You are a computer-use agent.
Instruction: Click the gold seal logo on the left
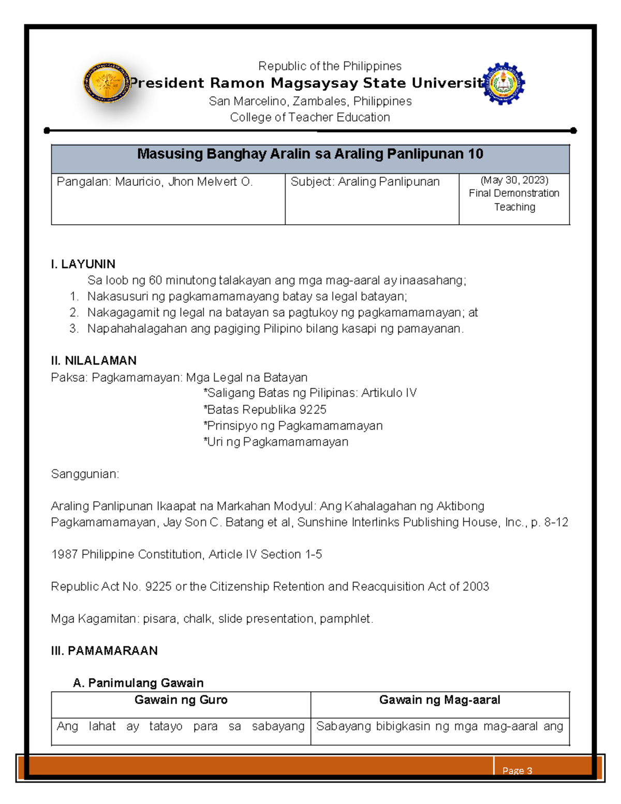[x=106, y=82]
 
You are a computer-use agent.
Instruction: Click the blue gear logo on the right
[x=504, y=84]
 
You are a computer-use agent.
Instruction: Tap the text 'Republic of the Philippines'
[x=330, y=66]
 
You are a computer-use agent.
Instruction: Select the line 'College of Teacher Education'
[x=310, y=118]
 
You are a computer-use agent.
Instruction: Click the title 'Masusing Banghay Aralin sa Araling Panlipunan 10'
[x=310, y=154]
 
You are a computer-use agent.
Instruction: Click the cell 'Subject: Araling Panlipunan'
[x=365, y=182]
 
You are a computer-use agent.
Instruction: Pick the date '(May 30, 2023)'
[x=514, y=180]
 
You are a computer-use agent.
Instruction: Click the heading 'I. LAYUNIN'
[x=83, y=264]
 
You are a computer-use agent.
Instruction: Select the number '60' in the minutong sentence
[x=155, y=281]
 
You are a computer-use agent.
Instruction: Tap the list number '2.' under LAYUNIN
[x=74, y=313]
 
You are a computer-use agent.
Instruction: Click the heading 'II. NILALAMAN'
[x=94, y=361]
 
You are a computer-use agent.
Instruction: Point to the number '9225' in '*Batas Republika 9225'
[x=313, y=410]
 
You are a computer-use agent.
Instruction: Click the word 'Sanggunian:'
[x=85, y=474]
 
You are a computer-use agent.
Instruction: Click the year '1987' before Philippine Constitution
[x=64, y=554]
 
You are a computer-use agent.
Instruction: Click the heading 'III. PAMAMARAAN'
[x=104, y=651]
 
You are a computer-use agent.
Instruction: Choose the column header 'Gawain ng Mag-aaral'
[x=439, y=700]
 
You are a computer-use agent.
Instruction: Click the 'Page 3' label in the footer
[x=517, y=771]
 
